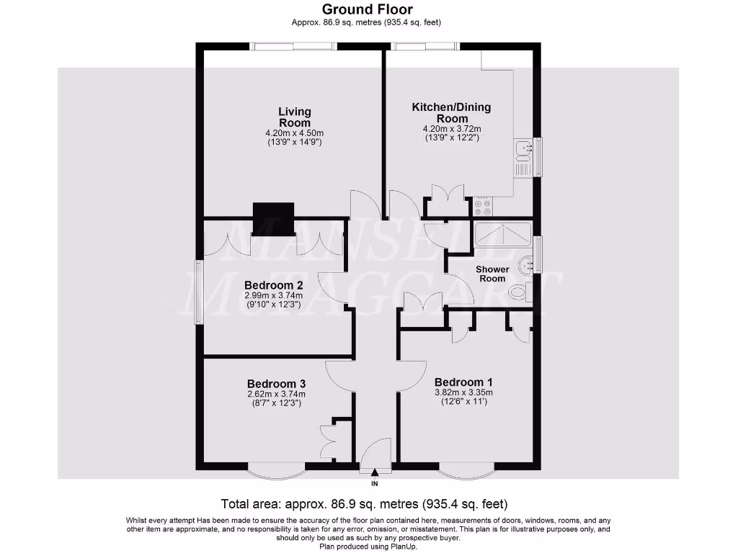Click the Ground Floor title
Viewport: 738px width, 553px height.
click(x=367, y=9)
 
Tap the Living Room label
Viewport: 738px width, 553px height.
click(x=295, y=117)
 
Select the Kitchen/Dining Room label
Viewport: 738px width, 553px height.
click(x=451, y=113)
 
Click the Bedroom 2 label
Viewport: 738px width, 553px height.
click(x=274, y=285)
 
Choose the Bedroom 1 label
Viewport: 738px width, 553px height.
click(x=463, y=382)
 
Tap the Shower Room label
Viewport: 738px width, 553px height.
click(x=492, y=274)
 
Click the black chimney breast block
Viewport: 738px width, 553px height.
click(x=273, y=219)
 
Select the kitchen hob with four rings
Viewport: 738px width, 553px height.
click(x=483, y=207)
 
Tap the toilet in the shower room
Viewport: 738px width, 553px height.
click(x=519, y=292)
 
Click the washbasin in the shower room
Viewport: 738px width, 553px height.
click(x=527, y=264)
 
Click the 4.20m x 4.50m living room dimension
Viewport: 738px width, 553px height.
click(x=295, y=133)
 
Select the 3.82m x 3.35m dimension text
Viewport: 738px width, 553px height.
click(x=463, y=393)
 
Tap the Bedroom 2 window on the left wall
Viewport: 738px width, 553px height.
click(x=200, y=291)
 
